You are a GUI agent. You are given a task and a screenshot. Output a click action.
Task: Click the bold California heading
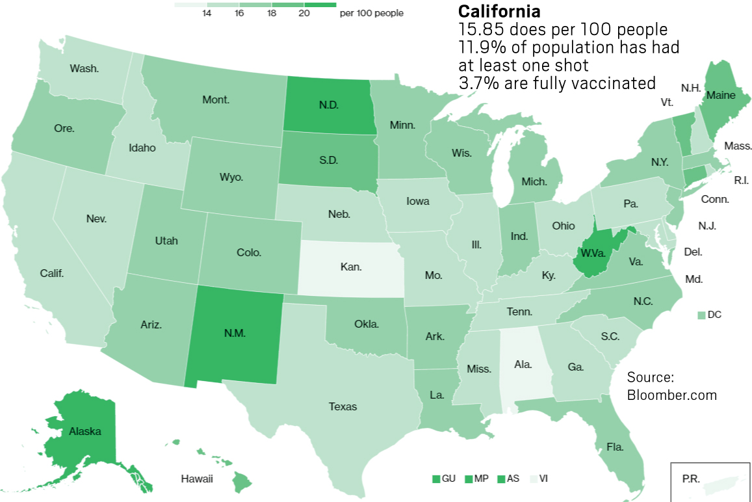coord(499,11)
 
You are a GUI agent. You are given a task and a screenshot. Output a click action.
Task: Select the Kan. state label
coord(351,267)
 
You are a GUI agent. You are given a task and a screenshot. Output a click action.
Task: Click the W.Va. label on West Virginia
coord(594,253)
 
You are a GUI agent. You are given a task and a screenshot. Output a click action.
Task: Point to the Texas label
coord(343,406)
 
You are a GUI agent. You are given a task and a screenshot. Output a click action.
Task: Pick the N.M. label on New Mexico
coord(234,332)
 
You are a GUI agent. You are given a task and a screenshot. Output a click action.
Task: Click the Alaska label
coord(84,430)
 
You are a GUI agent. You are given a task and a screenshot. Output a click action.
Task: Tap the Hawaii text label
coord(197,479)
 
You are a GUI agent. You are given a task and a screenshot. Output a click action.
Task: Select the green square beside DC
coord(701,315)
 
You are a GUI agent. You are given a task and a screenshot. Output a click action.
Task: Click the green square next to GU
coord(436,479)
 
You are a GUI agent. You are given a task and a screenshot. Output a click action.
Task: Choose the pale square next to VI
coord(534,479)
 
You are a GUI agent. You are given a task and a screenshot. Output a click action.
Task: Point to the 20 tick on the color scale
coord(304,13)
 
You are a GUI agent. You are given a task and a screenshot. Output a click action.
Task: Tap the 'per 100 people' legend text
coord(371,13)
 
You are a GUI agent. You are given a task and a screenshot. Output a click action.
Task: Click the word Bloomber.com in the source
coord(671,395)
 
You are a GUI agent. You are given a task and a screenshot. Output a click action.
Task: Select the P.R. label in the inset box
coord(691,478)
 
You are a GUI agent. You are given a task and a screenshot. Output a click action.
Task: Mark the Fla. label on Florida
coord(615,447)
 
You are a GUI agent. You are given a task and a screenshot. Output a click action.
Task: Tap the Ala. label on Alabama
coord(523,365)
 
